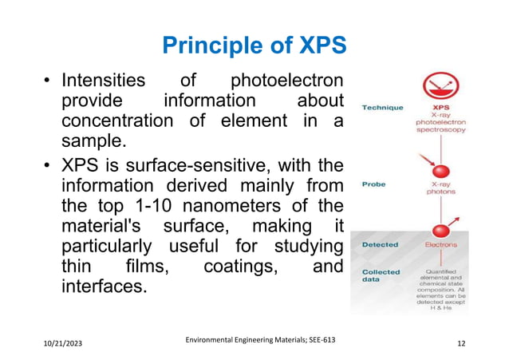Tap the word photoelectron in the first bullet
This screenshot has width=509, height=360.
pyautogui.click(x=287, y=81)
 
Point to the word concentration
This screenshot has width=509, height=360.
pyautogui.click(x=116, y=121)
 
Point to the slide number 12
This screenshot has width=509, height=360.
pyautogui.click(x=462, y=344)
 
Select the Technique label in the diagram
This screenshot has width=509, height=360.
pyautogui.click(x=382, y=106)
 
